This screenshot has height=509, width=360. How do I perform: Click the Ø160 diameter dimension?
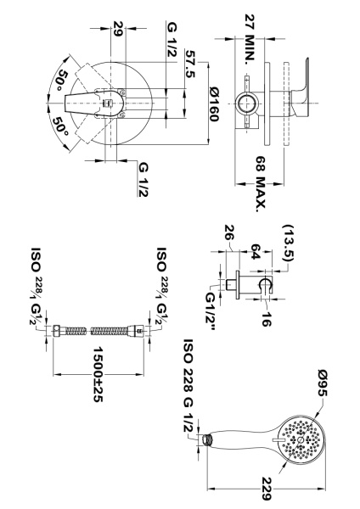tap(214, 103)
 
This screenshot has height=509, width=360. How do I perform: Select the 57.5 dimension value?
tap(190, 64)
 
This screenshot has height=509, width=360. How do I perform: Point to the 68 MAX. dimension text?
tap(261, 184)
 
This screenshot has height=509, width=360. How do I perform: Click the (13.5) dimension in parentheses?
tap(289, 243)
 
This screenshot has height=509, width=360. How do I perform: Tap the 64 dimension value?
tap(255, 252)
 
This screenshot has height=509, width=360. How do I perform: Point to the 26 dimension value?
tap(229, 232)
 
